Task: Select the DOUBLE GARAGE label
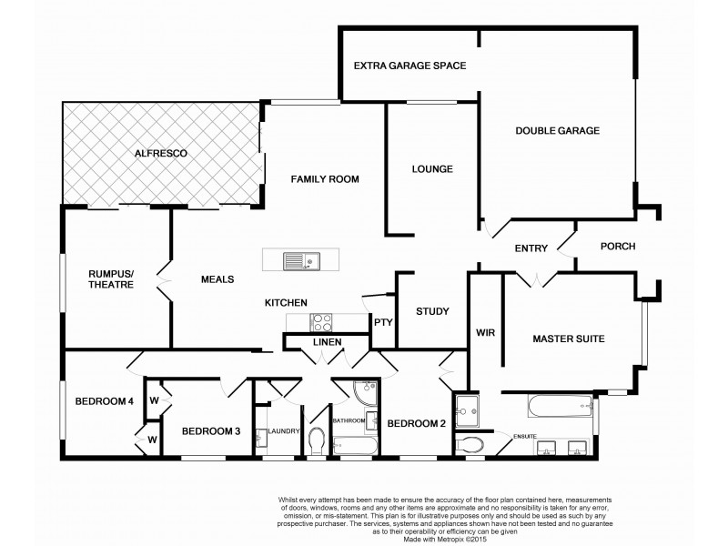(558, 131)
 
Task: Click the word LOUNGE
(432, 169)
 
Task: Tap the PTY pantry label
(382, 321)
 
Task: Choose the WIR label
(484, 333)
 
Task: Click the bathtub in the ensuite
(545, 406)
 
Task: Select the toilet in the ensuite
(470, 445)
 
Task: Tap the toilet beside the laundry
(318, 441)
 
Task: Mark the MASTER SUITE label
(568, 339)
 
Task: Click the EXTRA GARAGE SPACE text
(409, 66)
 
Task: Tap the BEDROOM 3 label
(210, 431)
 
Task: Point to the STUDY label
(432, 312)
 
